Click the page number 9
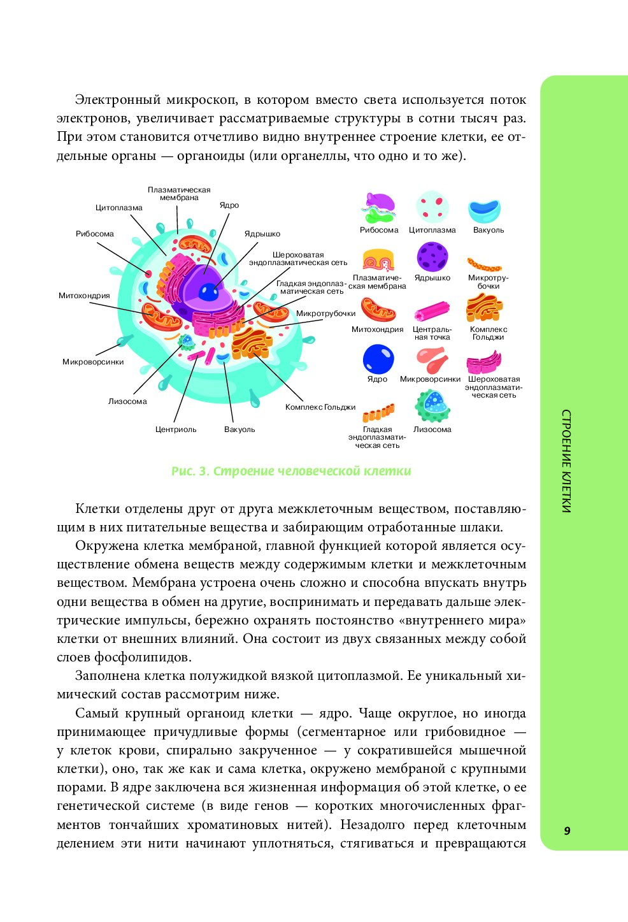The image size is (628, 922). [x=567, y=830]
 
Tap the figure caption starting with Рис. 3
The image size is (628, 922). [x=291, y=472]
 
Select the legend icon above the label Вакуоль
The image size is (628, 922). [x=484, y=211]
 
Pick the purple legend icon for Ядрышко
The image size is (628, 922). [x=432, y=257]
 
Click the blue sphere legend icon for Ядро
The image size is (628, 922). [x=378, y=359]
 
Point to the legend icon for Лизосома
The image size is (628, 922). [x=432, y=406]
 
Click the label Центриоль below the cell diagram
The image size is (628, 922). [x=176, y=429]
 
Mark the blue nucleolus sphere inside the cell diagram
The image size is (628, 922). [x=208, y=292]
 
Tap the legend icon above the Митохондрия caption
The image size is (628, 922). [x=378, y=310]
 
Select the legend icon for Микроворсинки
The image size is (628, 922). [x=432, y=361]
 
